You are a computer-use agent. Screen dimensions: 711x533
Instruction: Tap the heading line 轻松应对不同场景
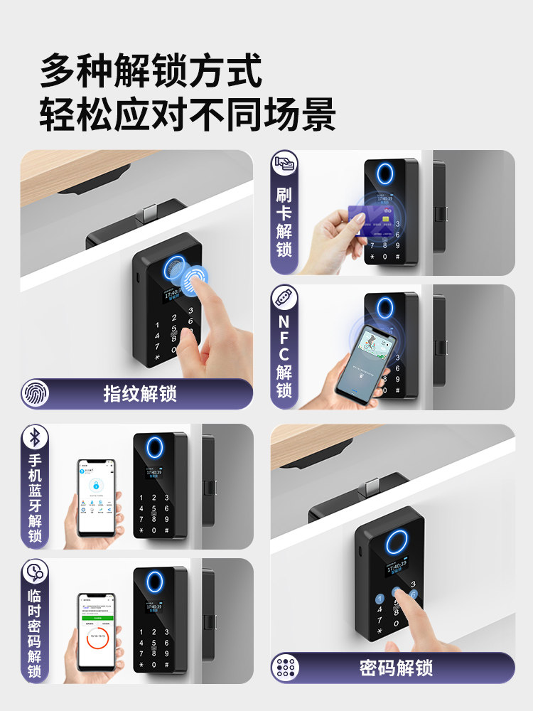tap(188, 114)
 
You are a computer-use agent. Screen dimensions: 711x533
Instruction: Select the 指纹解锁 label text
tap(140, 393)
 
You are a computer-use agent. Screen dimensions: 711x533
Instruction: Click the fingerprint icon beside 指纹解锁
tap(36, 393)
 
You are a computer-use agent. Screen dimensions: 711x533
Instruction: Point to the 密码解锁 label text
tap(396, 668)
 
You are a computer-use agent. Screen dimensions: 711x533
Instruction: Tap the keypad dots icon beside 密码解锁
tap(286, 668)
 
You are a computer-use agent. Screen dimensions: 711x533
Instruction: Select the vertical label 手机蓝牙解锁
tap(35, 498)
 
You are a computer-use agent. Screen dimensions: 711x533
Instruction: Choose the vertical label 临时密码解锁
tap(35, 633)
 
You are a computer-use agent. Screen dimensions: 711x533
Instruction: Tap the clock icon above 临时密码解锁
tap(35, 572)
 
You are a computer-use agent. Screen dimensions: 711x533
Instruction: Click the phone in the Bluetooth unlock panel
tap(96, 497)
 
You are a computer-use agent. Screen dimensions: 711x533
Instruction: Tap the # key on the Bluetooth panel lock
tap(167, 531)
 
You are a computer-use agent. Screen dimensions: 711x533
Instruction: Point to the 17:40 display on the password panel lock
tap(395, 568)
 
